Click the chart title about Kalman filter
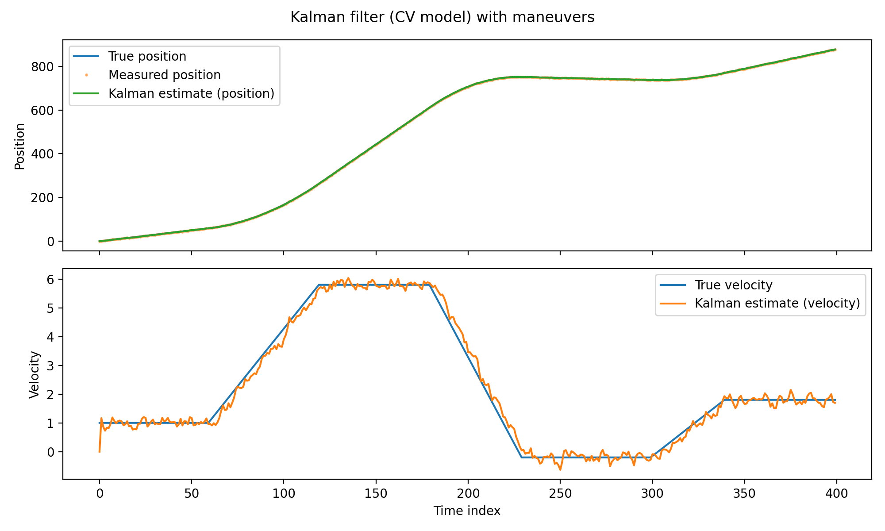click(442, 17)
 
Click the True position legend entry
click(147, 57)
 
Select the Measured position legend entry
click(164, 75)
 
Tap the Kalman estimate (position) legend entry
click(191, 94)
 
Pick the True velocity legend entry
click(733, 285)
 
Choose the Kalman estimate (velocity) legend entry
click(777, 304)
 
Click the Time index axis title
click(467, 511)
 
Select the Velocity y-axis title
click(35, 374)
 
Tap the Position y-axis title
click(19, 146)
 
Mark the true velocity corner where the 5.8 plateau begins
click(319, 285)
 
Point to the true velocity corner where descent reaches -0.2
click(522, 457)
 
